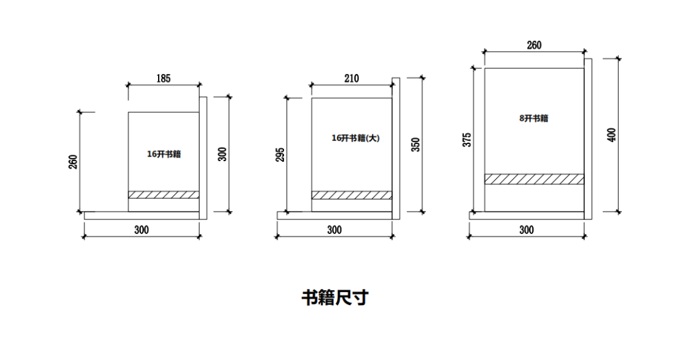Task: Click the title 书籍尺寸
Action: [335, 298]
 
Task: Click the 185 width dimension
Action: [163, 79]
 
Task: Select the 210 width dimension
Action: [351, 79]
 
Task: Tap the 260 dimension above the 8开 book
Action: [534, 45]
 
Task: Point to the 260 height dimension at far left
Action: [73, 162]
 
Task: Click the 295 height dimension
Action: [280, 154]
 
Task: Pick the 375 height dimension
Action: [467, 140]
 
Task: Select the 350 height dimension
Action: [416, 145]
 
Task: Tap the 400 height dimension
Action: [612, 135]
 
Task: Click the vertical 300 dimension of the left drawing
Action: [222, 154]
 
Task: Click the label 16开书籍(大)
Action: [355, 138]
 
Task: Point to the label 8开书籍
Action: [534, 118]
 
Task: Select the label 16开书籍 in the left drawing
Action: [164, 154]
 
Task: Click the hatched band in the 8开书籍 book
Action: [534, 179]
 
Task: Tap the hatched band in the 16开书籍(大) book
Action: [351, 195]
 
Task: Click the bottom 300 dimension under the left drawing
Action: [141, 230]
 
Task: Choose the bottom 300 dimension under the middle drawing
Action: [334, 230]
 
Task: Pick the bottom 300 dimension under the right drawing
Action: [526, 230]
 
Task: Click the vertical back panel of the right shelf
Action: [588, 134]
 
